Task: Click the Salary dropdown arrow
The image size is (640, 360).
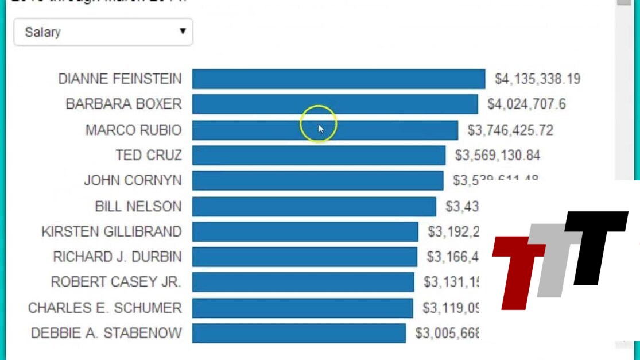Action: (183, 32)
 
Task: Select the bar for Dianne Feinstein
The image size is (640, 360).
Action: (338, 79)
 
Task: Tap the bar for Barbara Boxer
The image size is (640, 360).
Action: (335, 104)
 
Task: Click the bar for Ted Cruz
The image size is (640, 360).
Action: (319, 156)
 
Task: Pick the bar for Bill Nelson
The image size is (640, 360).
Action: (314, 207)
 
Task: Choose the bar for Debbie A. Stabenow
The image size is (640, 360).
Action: (298, 334)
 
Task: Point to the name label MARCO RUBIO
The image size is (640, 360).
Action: (133, 130)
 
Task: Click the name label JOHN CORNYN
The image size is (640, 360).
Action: (133, 181)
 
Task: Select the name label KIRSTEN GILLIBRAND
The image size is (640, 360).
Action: (111, 232)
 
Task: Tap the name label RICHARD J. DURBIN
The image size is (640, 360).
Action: (117, 257)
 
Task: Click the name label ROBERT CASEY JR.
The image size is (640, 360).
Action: (116, 282)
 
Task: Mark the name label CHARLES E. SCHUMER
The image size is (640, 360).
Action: (104, 308)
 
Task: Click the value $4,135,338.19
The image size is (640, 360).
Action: (537, 79)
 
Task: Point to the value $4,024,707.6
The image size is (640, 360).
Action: (526, 104)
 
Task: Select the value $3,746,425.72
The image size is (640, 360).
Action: (510, 130)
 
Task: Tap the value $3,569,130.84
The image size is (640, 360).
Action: (497, 156)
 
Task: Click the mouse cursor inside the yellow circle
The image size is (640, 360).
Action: (321, 129)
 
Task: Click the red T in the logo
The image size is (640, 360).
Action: (517, 270)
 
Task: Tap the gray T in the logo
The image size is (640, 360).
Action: (554, 258)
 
